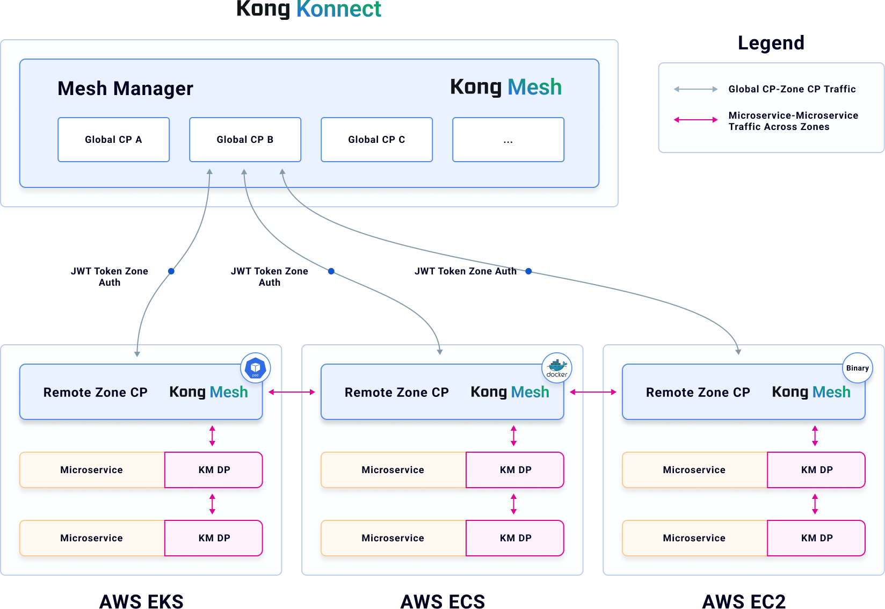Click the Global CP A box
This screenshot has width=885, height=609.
tap(113, 140)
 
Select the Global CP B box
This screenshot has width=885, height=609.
tap(245, 140)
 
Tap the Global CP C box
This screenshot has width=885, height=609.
tap(376, 140)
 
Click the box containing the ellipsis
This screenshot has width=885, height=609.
tap(508, 140)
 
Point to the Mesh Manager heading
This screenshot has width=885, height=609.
tap(125, 89)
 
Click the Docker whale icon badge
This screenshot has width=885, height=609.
tap(557, 368)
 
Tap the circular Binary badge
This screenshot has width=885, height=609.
tap(857, 368)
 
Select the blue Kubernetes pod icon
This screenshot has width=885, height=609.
tap(256, 368)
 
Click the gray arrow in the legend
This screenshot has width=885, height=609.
tap(695, 89)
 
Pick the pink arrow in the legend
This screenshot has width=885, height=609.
tap(695, 120)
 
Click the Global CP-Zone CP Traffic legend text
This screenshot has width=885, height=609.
tap(792, 89)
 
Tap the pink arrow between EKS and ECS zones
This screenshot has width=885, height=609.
tap(292, 392)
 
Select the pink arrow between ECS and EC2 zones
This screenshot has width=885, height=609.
tap(593, 392)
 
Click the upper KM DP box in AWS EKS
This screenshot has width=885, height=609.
tap(214, 470)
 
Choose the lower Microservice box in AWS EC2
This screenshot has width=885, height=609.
tap(694, 538)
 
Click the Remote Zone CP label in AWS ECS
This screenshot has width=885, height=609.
tap(396, 393)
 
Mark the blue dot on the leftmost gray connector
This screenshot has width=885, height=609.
tap(171, 271)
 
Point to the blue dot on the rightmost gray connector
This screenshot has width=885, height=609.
tap(528, 271)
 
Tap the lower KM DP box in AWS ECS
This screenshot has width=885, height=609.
tap(515, 538)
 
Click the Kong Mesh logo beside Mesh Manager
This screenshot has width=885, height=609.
tap(505, 87)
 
